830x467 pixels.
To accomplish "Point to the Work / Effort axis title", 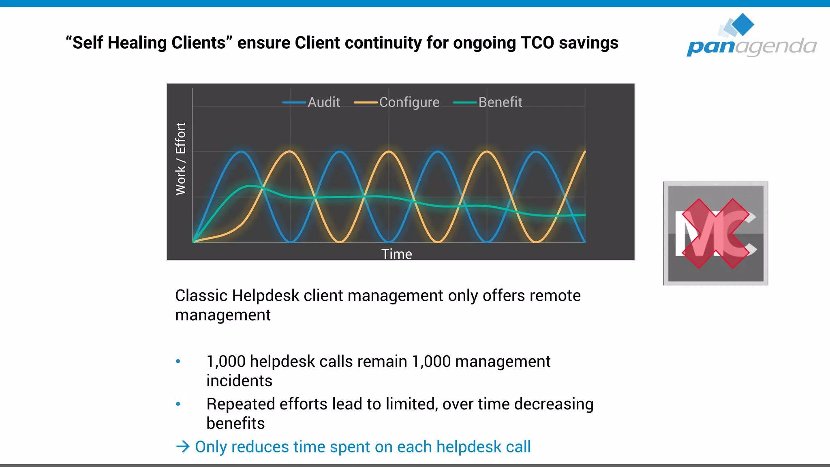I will click(180, 159).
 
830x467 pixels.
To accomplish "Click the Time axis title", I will click(396, 254).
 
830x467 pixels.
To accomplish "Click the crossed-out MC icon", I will click(715, 233).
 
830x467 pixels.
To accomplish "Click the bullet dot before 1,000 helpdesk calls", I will click(178, 361).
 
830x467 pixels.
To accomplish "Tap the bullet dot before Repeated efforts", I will click(178, 404).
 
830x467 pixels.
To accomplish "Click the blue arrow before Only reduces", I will click(183, 447).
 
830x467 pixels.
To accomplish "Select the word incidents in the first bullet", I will click(239, 381).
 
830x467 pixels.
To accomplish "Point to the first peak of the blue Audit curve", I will click(242, 152).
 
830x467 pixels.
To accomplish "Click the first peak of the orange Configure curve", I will click(290, 152).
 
